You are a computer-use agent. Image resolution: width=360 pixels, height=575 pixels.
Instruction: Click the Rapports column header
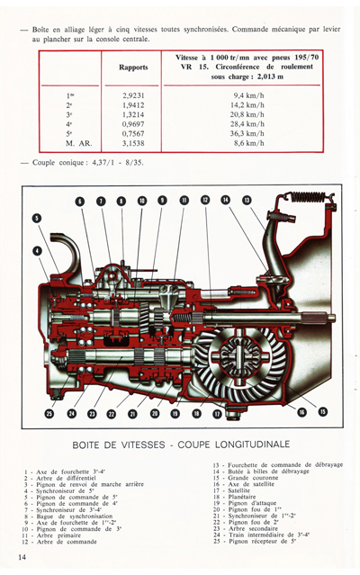tap(133, 67)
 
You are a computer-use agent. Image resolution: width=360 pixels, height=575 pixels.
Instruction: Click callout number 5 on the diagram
tap(36, 218)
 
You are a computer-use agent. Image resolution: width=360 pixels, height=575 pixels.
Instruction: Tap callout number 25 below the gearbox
tap(50, 413)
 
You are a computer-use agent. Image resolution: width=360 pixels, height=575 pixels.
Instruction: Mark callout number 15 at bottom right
tap(322, 411)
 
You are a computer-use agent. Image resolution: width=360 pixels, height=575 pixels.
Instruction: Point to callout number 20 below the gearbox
tap(153, 413)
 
